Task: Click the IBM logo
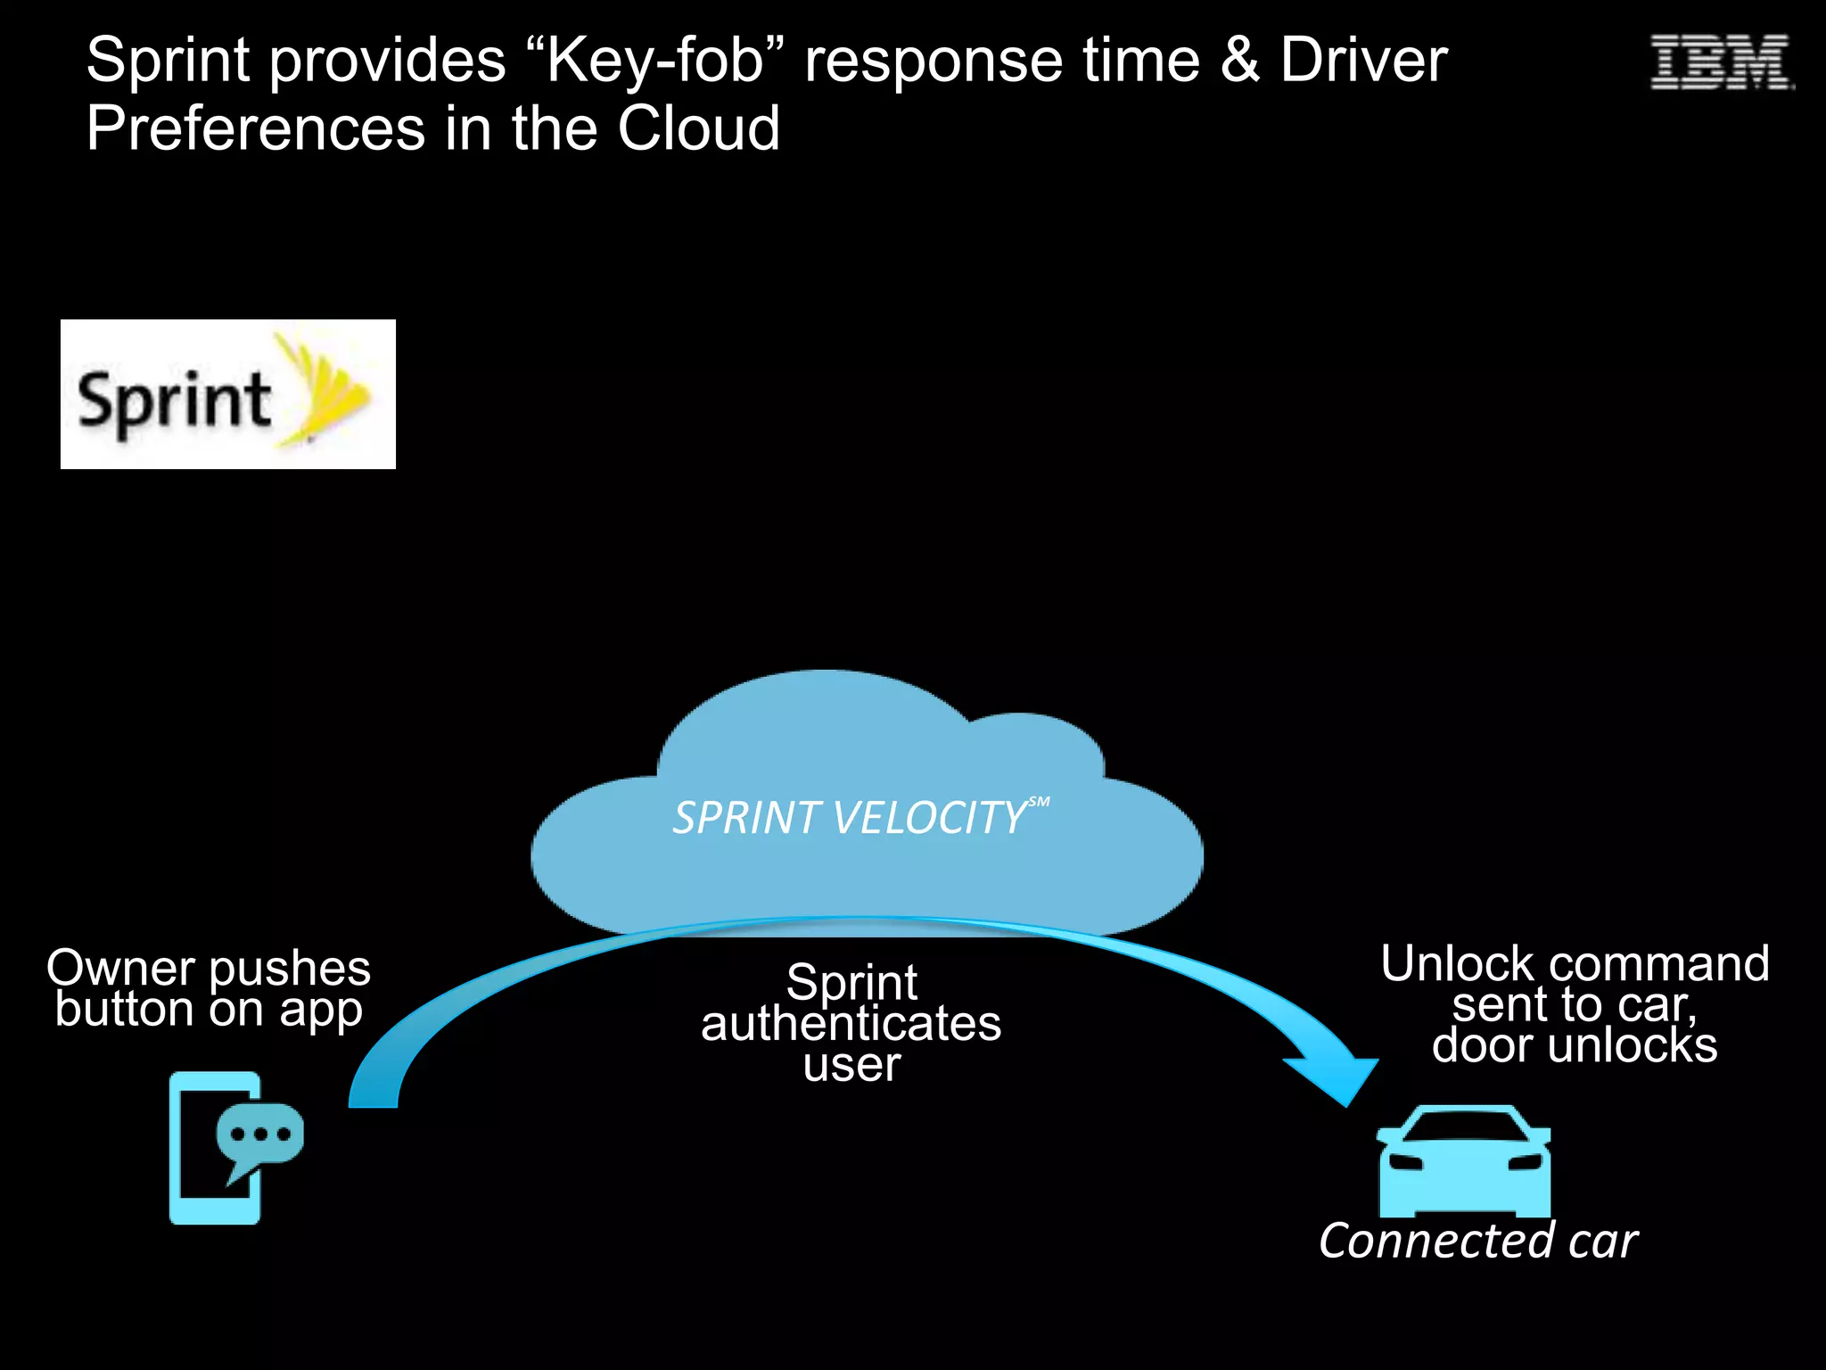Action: (x=1720, y=62)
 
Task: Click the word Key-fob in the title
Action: (x=656, y=61)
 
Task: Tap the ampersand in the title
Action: (x=1239, y=61)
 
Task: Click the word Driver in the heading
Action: (x=1364, y=61)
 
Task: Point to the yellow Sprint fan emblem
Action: (x=325, y=392)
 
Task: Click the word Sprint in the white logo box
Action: (x=174, y=401)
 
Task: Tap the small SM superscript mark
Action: (x=1039, y=802)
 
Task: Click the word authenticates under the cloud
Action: (x=851, y=1024)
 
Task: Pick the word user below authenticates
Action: (x=851, y=1065)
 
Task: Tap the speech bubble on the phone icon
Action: (x=259, y=1135)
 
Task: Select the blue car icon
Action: (x=1464, y=1162)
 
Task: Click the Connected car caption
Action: (x=1477, y=1241)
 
